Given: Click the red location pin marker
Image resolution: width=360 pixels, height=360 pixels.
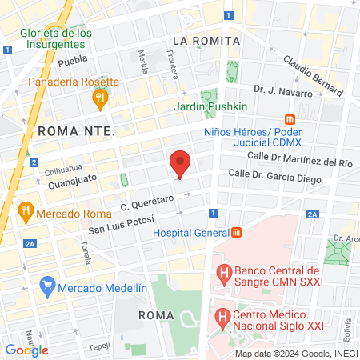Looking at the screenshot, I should (181, 162).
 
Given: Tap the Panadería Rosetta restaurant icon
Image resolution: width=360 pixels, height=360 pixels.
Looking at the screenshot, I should (100, 98).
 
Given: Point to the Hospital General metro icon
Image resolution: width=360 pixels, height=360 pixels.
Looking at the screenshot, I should (236, 233).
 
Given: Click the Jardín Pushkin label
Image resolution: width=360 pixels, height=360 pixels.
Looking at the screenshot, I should (210, 106).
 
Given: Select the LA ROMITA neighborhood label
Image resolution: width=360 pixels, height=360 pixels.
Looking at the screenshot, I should (206, 41).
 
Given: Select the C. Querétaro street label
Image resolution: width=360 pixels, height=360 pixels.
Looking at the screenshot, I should (147, 206).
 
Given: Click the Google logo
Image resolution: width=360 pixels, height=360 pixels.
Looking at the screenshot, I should (26, 350).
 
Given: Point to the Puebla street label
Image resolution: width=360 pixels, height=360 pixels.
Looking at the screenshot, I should (72, 60).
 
